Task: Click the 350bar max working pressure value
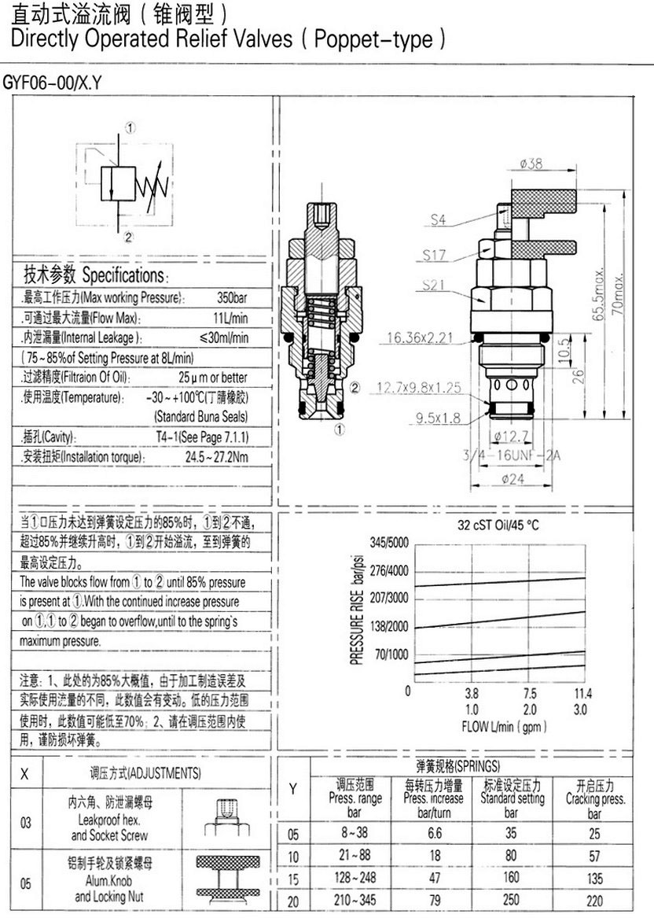[232, 297]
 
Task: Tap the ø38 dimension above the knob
[531, 164]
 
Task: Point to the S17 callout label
[434, 255]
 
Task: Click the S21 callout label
[434, 285]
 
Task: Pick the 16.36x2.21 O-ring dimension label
[420, 337]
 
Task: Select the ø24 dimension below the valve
[513, 479]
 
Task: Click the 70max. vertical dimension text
[618, 292]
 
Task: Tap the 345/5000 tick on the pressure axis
[389, 542]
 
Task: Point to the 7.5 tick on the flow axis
[529, 694]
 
